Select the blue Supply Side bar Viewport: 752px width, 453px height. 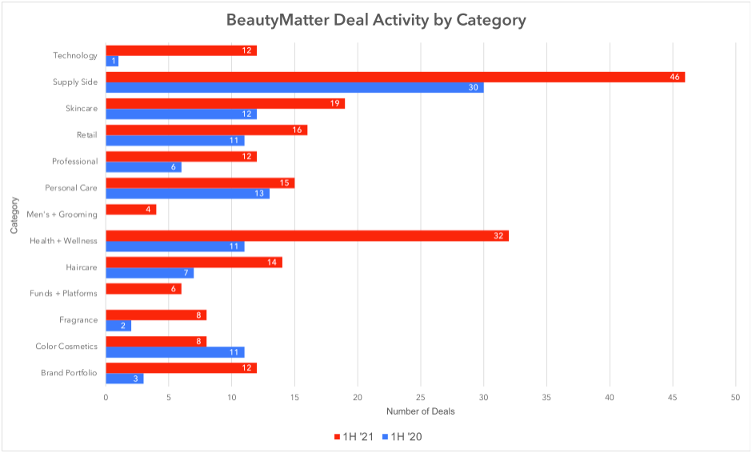click(x=294, y=87)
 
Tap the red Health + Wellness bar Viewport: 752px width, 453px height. click(x=307, y=235)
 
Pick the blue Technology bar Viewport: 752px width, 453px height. click(x=112, y=61)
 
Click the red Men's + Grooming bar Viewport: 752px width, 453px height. click(x=131, y=209)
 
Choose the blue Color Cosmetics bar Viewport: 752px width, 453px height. click(x=174, y=351)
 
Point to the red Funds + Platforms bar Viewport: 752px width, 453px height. click(x=143, y=288)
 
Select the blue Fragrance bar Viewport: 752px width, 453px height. click(x=118, y=325)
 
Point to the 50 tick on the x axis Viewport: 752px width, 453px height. click(x=735, y=396)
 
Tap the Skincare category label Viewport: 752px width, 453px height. click(x=82, y=108)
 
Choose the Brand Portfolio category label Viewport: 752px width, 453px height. click(x=69, y=373)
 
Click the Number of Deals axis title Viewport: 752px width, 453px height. click(x=420, y=411)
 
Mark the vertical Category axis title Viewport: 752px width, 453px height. click(x=14, y=214)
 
